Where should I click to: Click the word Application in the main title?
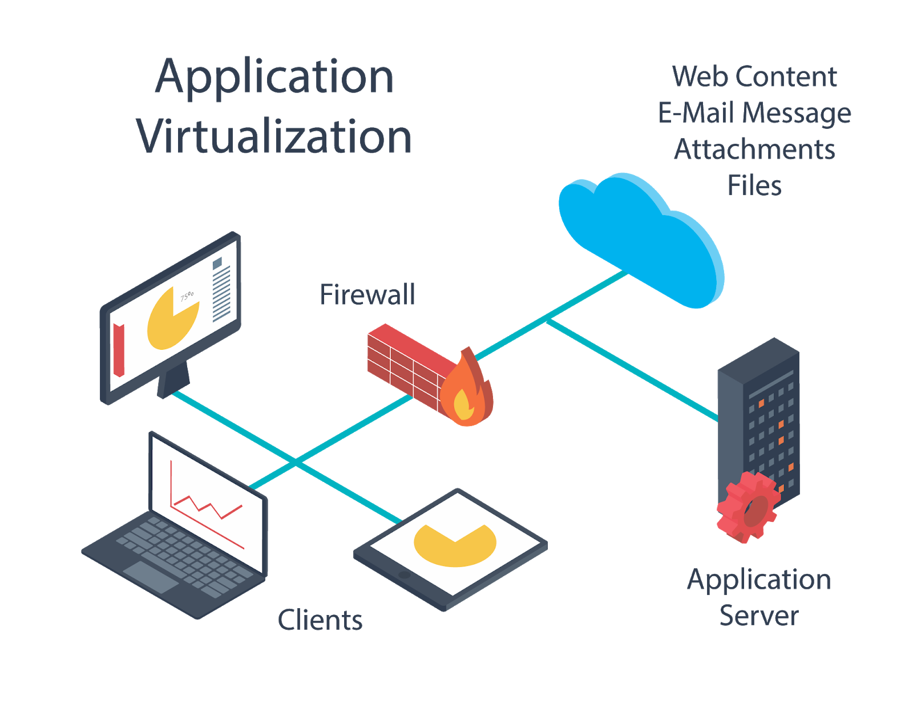(274, 77)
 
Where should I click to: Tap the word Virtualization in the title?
(274, 137)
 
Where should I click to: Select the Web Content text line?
(754, 76)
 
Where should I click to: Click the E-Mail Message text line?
(754, 112)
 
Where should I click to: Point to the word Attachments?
(754, 149)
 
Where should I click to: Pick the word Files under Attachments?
(754, 185)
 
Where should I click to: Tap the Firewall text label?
(367, 295)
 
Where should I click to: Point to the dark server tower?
(759, 416)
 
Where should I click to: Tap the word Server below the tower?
(758, 616)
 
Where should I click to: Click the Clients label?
(320, 620)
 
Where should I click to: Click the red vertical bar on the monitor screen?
(119, 350)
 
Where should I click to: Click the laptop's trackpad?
(151, 576)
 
